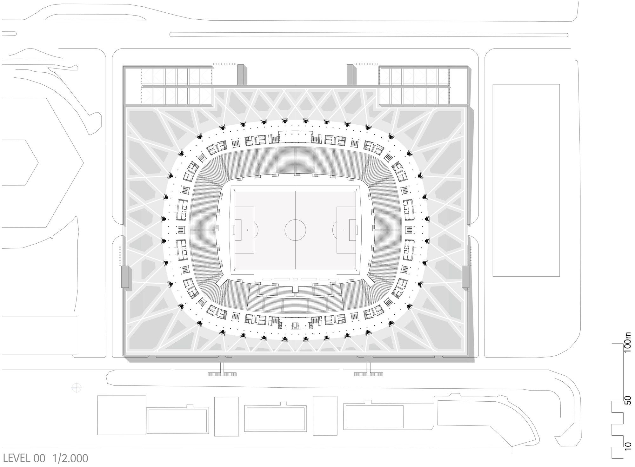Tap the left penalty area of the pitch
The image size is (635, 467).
[244, 230]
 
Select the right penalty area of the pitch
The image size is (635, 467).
[346, 230]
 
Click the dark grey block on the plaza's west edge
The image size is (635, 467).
[125, 277]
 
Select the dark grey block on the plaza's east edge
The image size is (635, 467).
[465, 277]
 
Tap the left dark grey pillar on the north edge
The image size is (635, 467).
[241, 75]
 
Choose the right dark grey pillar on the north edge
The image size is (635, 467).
[350, 75]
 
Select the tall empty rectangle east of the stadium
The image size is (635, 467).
[526, 180]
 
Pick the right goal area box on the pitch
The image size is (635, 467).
[353, 230]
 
